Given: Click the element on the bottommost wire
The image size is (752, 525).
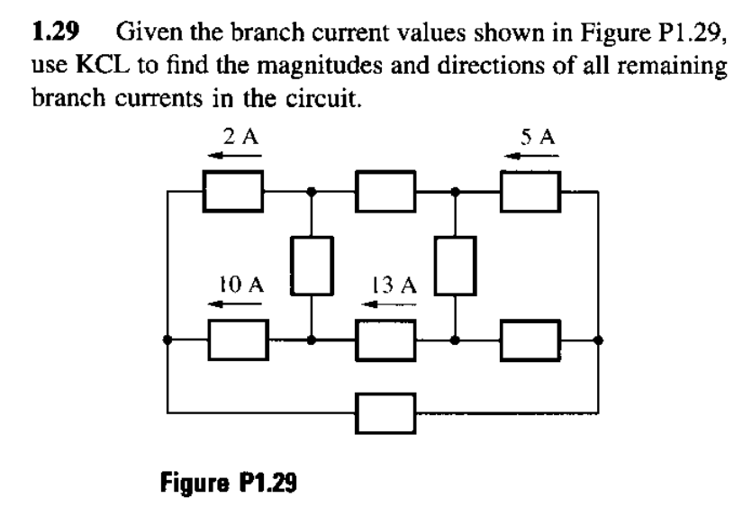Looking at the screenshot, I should [385, 413].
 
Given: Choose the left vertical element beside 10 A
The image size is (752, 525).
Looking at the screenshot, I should [312, 266].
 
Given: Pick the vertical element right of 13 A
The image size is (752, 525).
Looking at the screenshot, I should [457, 266].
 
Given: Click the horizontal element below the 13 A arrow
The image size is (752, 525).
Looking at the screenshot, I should [385, 340].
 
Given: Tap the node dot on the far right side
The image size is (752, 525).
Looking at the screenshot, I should [600, 340].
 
